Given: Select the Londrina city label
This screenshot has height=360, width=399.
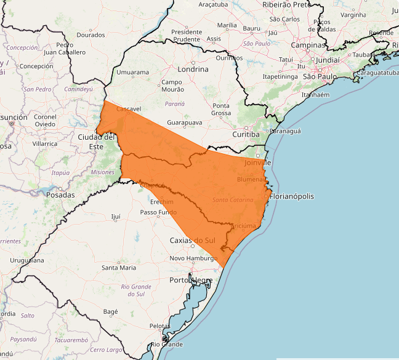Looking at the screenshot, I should [x=193, y=70].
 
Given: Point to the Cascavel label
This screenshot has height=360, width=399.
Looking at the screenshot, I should [x=129, y=109].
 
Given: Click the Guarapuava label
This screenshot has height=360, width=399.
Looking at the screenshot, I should [x=185, y=123].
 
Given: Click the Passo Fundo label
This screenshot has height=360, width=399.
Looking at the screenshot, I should [x=158, y=212].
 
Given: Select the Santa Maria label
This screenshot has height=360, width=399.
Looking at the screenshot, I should [x=119, y=268].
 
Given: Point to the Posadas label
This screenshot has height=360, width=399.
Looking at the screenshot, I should [x=60, y=195].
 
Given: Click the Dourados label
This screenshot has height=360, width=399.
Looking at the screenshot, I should [x=91, y=35].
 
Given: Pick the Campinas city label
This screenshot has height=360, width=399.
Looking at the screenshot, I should [x=308, y=46].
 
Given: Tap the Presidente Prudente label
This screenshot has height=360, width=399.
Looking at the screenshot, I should [x=187, y=35].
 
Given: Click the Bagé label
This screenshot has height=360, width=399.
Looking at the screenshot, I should [x=110, y=312].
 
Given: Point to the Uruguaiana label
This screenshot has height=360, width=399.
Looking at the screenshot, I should [x=26, y=260].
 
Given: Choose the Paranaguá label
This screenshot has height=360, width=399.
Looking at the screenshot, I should [x=286, y=131].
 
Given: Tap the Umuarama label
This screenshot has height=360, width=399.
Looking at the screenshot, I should [x=133, y=73].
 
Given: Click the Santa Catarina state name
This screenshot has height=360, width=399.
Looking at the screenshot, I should [x=232, y=200].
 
